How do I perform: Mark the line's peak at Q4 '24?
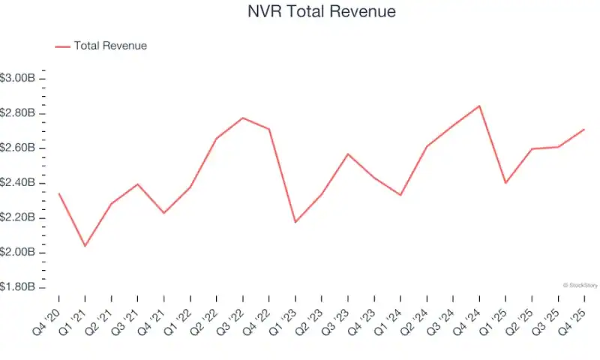point(479,106)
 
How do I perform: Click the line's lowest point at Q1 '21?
point(85,246)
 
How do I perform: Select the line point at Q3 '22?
point(242,118)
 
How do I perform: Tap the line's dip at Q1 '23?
point(295,222)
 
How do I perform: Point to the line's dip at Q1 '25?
point(505,183)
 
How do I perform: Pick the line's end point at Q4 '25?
point(584,129)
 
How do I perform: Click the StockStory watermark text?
point(580,285)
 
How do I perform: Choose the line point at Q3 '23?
point(347,154)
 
